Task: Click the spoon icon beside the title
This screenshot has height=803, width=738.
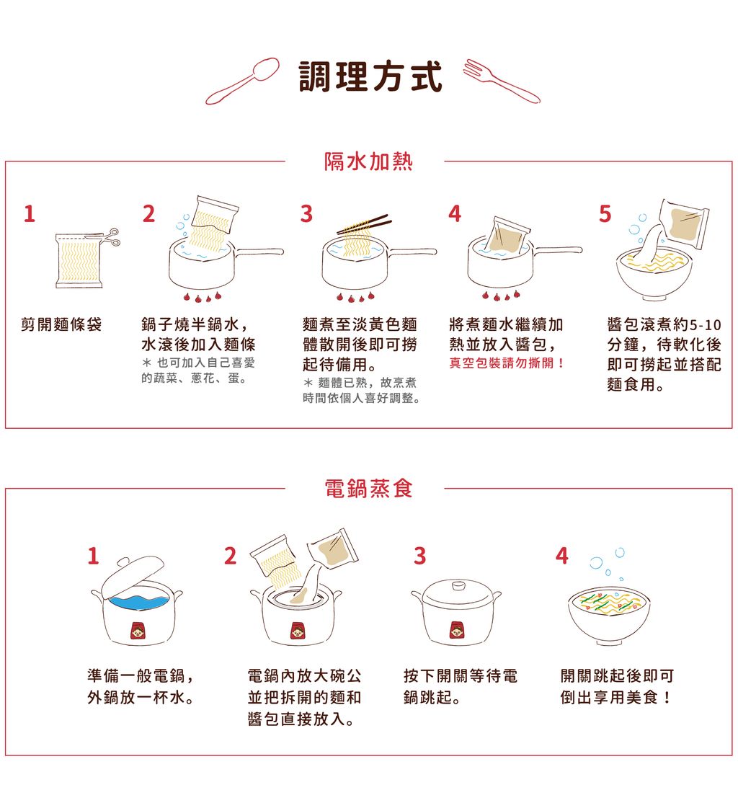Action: (244, 80)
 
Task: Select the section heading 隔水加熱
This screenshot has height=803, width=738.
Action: (368, 161)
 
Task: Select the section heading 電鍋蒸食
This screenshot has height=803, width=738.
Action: (368, 489)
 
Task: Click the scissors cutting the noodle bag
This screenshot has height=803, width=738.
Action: (110, 236)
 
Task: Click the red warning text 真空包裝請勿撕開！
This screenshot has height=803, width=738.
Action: (507, 363)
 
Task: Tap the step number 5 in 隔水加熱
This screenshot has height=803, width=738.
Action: (604, 214)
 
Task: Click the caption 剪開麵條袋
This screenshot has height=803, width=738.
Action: (61, 324)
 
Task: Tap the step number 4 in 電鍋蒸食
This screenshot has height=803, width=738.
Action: (561, 556)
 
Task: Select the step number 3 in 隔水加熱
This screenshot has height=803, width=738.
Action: (306, 214)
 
